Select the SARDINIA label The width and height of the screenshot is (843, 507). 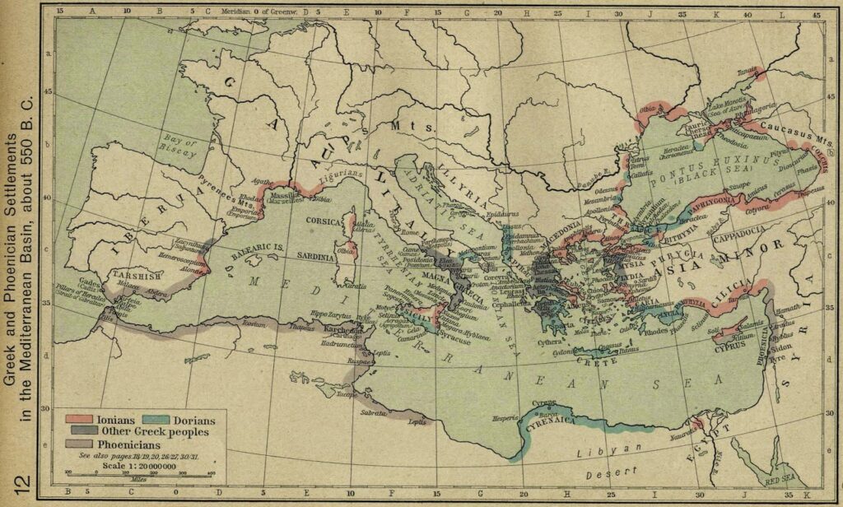click(x=310, y=257)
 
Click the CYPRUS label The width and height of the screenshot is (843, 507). click(x=728, y=346)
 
